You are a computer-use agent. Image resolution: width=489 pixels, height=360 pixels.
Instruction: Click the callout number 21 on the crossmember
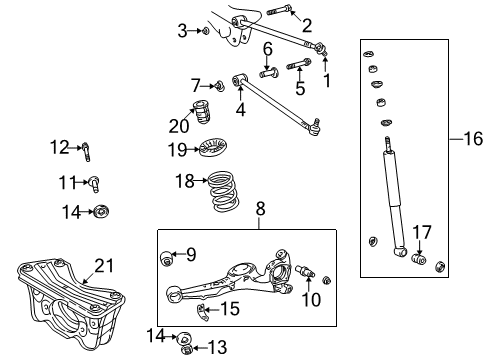105,265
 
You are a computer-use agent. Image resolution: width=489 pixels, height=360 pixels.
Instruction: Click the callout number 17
423,232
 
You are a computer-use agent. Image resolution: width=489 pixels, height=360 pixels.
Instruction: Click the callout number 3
183,31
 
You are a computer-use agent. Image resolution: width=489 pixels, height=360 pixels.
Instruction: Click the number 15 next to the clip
230,310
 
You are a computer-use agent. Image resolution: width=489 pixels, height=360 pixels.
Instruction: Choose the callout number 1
326,75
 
